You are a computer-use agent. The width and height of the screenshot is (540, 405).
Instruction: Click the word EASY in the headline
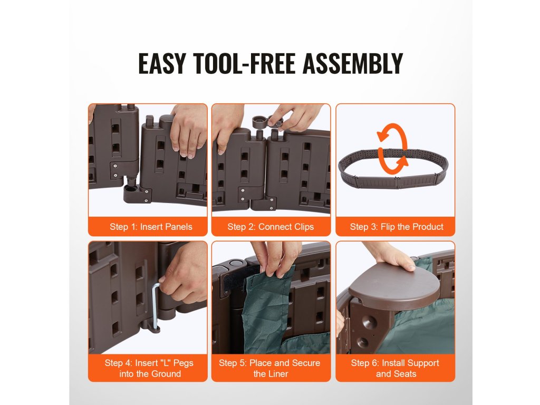point(162,63)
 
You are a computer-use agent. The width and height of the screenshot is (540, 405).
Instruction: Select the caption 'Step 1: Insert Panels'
point(151,227)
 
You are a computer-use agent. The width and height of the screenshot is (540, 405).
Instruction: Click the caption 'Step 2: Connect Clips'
point(271,227)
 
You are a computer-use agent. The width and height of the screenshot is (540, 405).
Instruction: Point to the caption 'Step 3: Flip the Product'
point(397,227)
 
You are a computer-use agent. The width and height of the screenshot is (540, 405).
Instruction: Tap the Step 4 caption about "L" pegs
point(149,368)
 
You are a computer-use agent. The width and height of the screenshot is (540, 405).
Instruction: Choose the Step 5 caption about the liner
point(269,368)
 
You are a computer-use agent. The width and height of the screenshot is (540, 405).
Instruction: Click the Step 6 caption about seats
point(396,368)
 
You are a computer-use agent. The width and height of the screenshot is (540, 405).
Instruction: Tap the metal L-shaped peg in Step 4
point(155,305)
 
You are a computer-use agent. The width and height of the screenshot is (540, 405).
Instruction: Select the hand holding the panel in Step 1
point(189,129)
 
